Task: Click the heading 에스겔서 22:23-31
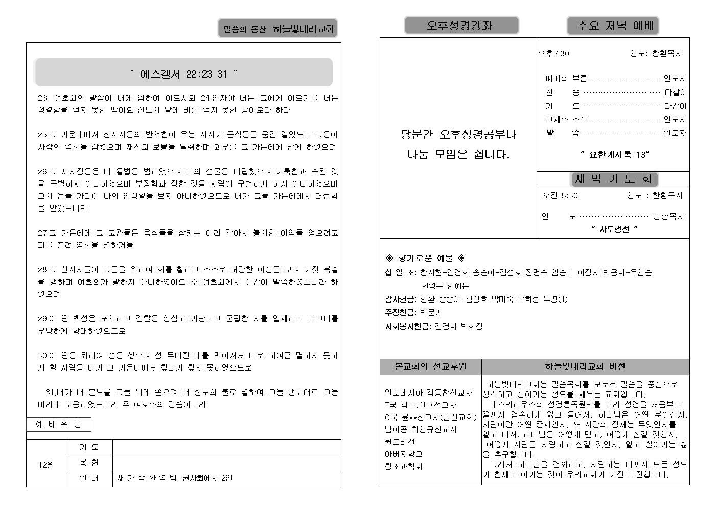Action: pos(183,74)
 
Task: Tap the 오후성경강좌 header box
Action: pos(461,26)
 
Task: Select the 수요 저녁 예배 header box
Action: pos(612,26)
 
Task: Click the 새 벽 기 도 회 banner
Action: pos(613,179)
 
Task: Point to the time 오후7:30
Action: pos(553,54)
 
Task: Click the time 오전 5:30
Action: pos(560,195)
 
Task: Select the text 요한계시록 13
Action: pos(615,154)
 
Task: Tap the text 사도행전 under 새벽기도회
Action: pos(614,229)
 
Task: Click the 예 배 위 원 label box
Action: pos(59,424)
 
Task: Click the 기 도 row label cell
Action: pos(89,447)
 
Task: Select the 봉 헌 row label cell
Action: pos(89,463)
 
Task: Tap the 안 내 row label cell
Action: pos(89,478)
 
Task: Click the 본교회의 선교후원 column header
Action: pos(430,366)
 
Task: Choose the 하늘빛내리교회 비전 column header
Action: pos(585,366)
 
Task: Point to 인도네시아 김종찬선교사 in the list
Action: pos(428,393)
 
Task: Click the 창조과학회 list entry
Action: pos(403,466)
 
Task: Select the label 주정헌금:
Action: pos(401,312)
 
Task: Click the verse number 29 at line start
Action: pos(42,319)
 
